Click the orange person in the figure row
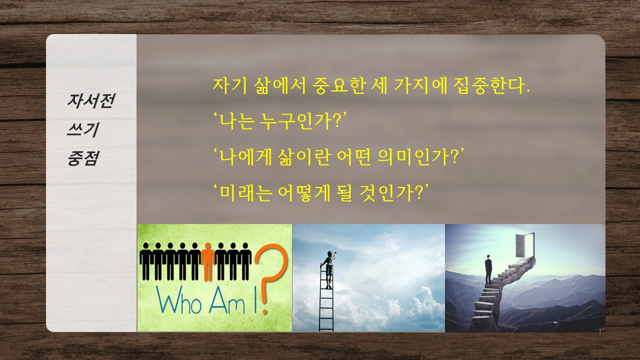point(207,262)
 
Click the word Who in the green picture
point(179,300)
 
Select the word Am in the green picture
point(227,300)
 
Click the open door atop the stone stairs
point(524,244)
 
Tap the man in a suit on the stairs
point(488,269)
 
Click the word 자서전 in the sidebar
point(91,100)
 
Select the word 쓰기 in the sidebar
point(83,129)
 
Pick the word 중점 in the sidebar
point(83,158)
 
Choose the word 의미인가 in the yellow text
point(417,157)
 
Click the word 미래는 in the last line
point(245,192)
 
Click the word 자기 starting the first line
point(229,85)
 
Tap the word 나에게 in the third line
point(245,157)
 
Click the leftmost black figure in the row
point(145,261)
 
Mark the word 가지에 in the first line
point(421,85)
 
